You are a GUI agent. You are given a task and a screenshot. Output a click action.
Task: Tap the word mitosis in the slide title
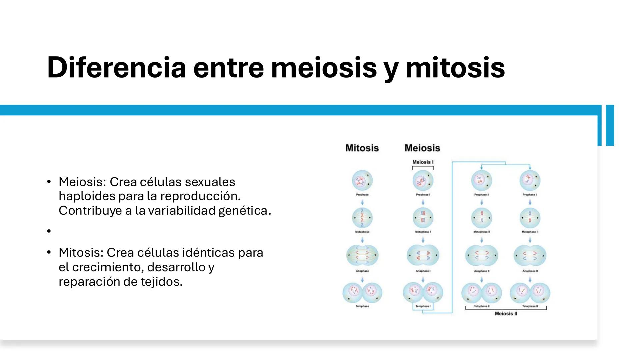pos(455,68)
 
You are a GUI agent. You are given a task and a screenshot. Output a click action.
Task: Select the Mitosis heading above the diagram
pos(362,148)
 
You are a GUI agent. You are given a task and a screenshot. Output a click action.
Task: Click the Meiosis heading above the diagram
pos(422,148)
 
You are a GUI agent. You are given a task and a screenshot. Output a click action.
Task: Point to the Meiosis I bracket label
pos(423,162)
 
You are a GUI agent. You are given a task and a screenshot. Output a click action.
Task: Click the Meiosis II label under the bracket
pos(506,314)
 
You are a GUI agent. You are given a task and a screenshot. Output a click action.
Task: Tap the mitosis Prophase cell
pos(362,181)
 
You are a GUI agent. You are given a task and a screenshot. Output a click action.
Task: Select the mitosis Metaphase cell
pos(362,218)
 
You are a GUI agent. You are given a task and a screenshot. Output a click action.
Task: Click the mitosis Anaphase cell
pos(362,256)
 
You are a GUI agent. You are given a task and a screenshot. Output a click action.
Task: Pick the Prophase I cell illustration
pos(423,181)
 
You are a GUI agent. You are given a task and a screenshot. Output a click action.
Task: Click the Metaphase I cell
pos(423,218)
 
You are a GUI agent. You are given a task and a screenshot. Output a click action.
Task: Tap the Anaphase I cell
pos(423,256)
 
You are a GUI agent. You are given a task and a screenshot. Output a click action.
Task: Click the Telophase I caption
pos(423,306)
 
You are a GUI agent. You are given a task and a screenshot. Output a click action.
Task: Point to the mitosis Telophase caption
pos(362,306)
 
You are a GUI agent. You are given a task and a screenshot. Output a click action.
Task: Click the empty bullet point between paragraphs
pos(49,231)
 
